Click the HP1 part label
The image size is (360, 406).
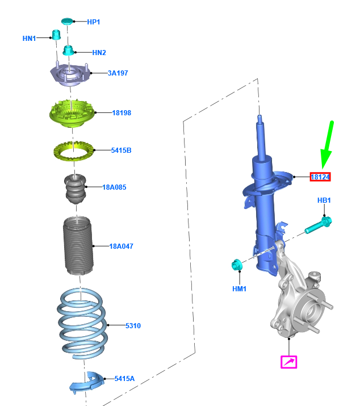tap(93, 22)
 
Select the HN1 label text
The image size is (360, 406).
tap(29, 39)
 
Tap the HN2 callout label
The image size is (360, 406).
tap(99, 53)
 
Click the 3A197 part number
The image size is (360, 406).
tap(118, 73)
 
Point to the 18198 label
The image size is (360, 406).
tap(121, 113)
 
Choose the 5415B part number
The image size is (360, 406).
tap(121, 150)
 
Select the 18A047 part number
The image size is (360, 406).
tap(121, 246)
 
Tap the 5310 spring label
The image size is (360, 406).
tap(133, 326)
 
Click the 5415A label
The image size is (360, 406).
tap(124, 378)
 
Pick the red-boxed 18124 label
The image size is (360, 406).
tap(320, 177)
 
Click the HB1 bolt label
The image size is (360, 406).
tap(324, 201)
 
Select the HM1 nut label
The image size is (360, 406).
tap(240, 289)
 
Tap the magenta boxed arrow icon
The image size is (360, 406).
tap(289, 362)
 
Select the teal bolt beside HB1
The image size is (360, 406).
tap(318, 225)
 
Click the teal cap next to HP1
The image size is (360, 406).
tap(67, 22)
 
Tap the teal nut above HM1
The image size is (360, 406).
tap(237, 265)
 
